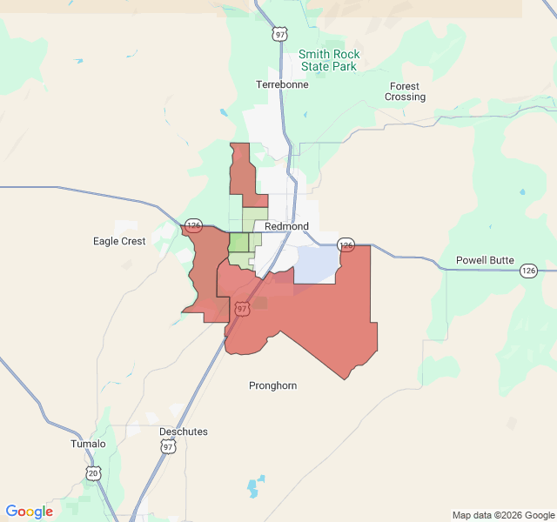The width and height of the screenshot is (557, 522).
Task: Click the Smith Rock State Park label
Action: pyautogui.click(x=329, y=60)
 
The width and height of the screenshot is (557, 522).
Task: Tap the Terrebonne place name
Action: pyautogui.click(x=282, y=84)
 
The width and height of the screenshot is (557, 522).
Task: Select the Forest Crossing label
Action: pyautogui.click(x=405, y=91)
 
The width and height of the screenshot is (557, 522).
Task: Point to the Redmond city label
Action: pyautogui.click(x=286, y=226)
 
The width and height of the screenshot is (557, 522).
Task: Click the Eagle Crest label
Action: pyautogui.click(x=119, y=241)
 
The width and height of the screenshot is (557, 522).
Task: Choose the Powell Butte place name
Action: pyautogui.click(x=485, y=260)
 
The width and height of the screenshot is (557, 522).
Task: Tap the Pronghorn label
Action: pyautogui.click(x=272, y=385)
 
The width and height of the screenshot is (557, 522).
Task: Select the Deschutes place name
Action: pyautogui.click(x=184, y=432)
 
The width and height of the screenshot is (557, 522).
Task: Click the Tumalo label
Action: pyautogui.click(x=88, y=444)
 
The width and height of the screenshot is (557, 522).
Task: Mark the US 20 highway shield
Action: pyautogui.click(x=93, y=472)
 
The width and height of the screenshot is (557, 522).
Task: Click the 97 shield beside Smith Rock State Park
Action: pyautogui.click(x=278, y=34)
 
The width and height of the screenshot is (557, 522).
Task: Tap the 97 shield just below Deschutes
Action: pyautogui.click(x=168, y=446)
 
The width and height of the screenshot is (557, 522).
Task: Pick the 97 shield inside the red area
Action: pyautogui.click(x=242, y=308)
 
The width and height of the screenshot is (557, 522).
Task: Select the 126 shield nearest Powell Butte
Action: pyautogui.click(x=528, y=271)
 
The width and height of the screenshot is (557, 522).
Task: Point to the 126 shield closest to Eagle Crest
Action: pyautogui.click(x=193, y=225)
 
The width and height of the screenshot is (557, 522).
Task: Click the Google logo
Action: pyautogui.click(x=29, y=512)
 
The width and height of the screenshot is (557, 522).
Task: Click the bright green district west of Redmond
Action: pyautogui.click(x=238, y=243)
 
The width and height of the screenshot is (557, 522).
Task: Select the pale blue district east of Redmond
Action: pyautogui.click(x=318, y=264)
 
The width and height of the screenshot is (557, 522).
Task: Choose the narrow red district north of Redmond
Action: pyautogui.click(x=241, y=170)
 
